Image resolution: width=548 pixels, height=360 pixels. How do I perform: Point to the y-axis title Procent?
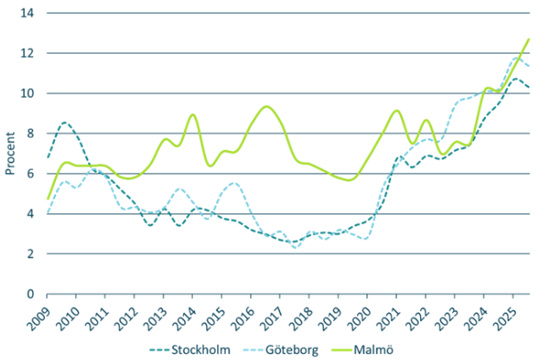11,154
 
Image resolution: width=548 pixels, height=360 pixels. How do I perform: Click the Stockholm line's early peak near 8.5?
65,122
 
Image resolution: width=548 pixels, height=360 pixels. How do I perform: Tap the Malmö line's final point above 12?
528,39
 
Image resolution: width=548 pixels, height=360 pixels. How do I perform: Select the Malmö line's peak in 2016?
266,106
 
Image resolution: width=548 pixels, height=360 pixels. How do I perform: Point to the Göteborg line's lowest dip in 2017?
296,247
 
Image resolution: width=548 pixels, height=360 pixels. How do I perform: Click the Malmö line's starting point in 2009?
48,198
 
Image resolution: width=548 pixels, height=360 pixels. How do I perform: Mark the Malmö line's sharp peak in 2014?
193,115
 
